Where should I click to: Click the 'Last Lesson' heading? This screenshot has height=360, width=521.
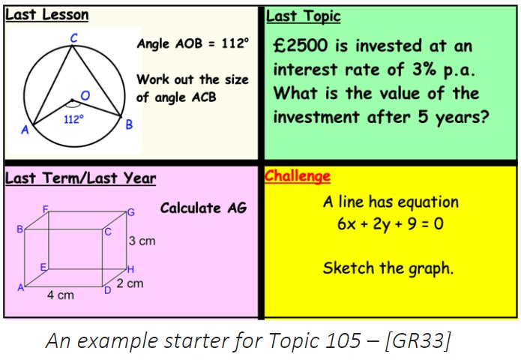(x=47, y=15)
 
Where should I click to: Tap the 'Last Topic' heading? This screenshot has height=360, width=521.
(x=304, y=16)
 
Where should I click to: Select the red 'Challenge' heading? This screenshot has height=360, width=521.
(x=298, y=176)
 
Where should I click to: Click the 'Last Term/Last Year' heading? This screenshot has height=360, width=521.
(x=81, y=178)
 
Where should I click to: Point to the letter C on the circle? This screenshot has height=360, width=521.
(x=73, y=38)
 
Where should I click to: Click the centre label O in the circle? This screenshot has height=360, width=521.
(x=85, y=96)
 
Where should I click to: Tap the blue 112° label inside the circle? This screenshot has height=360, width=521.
(x=73, y=119)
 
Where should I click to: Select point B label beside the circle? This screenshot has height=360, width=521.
(x=129, y=124)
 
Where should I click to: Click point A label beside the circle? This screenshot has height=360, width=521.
(x=25, y=130)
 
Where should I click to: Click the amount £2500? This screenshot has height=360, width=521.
(x=301, y=46)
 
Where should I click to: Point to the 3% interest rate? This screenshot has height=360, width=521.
(x=424, y=70)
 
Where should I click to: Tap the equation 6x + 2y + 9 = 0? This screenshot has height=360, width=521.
(x=391, y=223)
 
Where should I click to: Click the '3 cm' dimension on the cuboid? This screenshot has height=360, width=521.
(x=142, y=241)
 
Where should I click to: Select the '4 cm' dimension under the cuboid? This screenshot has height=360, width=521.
(x=61, y=295)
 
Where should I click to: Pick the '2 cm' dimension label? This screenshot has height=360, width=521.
(x=130, y=283)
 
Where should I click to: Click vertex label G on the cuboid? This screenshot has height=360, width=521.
(x=131, y=212)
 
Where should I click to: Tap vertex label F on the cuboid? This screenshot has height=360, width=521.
(x=46, y=209)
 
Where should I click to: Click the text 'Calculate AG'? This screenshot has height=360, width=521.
(x=203, y=208)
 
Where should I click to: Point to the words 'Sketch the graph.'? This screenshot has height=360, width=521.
(x=388, y=268)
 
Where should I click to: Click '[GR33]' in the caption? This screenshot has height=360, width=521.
(x=418, y=340)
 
